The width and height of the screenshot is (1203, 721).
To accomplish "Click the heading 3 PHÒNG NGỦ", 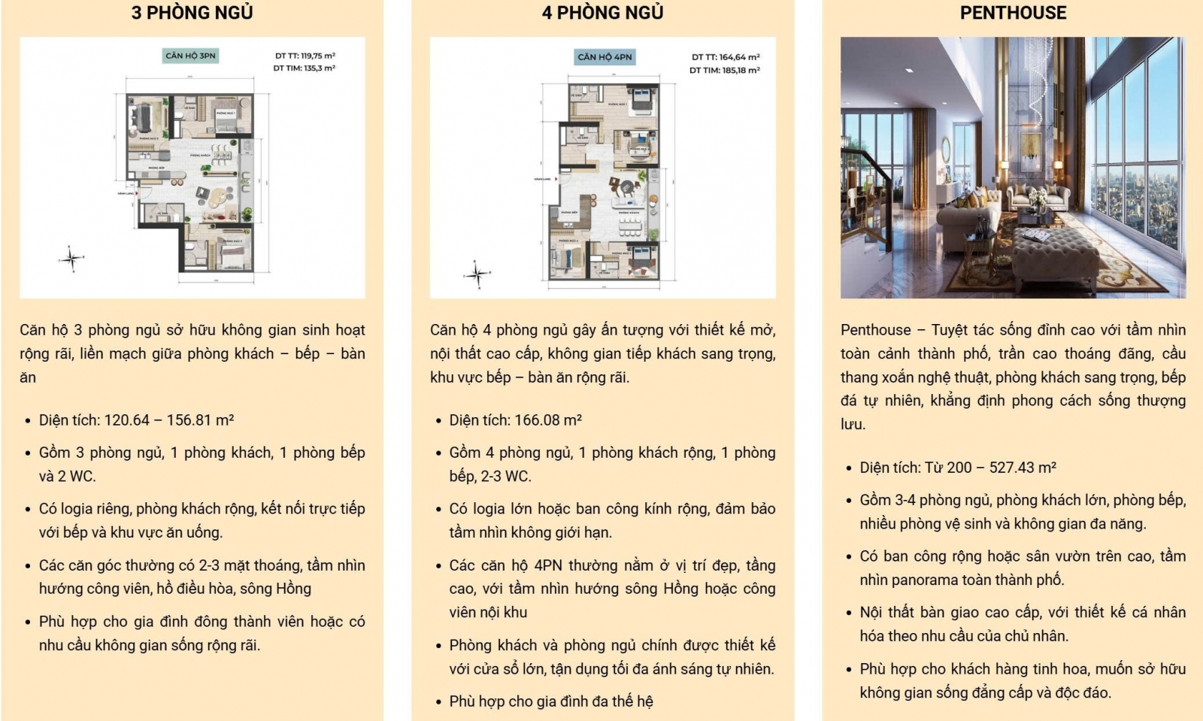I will tap(192, 13).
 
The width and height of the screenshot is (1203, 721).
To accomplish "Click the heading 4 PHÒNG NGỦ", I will tap(602, 13).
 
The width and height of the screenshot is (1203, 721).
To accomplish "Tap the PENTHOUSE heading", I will tap(1013, 13).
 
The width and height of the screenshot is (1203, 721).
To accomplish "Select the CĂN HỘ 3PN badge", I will tap(190, 56).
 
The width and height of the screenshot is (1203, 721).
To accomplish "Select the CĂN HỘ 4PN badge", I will tap(605, 57).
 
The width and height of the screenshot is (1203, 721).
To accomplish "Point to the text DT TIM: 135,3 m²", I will tap(305, 68).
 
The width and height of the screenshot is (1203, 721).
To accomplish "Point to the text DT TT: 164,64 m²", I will tap(726, 57).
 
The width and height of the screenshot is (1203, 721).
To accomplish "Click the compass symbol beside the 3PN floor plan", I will tap(71, 259).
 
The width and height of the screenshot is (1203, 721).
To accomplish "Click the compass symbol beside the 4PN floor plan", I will tap(477, 274).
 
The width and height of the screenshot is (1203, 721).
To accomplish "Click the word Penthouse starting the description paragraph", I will tap(875, 330).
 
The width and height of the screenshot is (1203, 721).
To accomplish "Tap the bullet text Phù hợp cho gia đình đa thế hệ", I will tap(550, 701).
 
